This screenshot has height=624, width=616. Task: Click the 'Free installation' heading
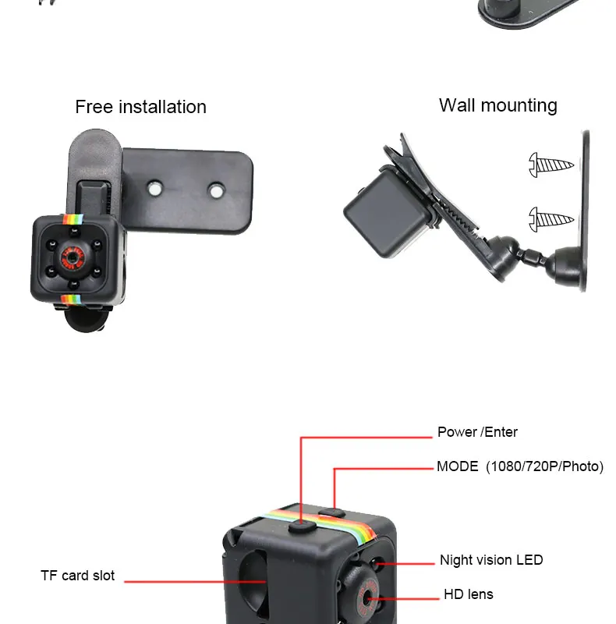pyautogui.click(x=140, y=107)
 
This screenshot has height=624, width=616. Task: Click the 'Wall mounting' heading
pyautogui.click(x=497, y=105)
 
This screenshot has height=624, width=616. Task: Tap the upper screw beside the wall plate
pyautogui.click(x=551, y=165)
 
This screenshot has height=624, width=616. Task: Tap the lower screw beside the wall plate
pyautogui.click(x=551, y=218)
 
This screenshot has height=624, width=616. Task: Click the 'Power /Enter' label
pyautogui.click(x=477, y=432)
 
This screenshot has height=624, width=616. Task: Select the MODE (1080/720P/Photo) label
pyautogui.click(x=519, y=466)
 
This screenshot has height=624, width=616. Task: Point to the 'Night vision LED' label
pyautogui.click(x=491, y=560)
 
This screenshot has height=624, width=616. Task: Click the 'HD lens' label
pyautogui.click(x=469, y=594)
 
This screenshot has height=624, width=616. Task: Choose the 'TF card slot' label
pyautogui.click(x=77, y=576)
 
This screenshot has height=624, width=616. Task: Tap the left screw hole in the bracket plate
pyautogui.click(x=155, y=187)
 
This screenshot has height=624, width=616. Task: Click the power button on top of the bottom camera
pyautogui.click(x=301, y=528)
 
